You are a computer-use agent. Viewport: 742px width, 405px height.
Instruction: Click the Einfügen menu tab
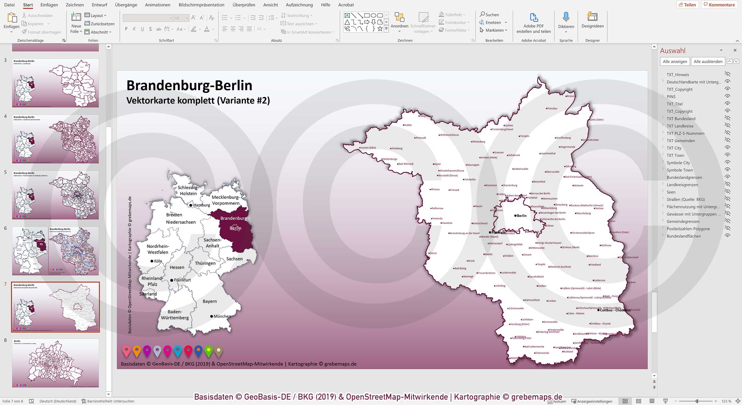(x=49, y=5)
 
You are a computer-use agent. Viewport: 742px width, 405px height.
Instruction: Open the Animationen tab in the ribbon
(x=158, y=5)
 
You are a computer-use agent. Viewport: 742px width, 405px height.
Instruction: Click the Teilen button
(x=687, y=5)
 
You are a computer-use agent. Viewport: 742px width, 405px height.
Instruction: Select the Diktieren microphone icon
(x=566, y=17)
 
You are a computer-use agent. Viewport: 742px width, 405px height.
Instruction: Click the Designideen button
(x=592, y=20)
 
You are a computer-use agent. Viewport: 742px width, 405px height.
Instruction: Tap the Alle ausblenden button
(x=708, y=61)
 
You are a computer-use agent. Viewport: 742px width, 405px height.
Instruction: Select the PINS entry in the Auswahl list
(x=671, y=96)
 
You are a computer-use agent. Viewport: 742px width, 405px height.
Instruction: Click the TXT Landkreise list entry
(x=680, y=126)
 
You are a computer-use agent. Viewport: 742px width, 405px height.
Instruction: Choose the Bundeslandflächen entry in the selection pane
(x=683, y=236)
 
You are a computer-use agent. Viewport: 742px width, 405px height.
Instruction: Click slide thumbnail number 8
(x=55, y=363)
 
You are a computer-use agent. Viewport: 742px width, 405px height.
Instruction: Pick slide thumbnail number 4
(x=55, y=139)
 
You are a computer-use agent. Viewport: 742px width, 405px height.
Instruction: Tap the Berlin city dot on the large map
(x=515, y=215)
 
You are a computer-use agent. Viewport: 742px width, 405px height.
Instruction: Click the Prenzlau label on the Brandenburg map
(x=552, y=109)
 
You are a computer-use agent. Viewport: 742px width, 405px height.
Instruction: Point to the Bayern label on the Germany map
(x=209, y=301)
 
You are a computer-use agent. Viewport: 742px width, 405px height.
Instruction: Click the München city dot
(x=211, y=316)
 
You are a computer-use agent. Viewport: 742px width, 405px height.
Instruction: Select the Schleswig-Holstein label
(x=188, y=191)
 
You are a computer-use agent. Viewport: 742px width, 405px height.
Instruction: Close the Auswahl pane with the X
(x=735, y=50)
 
